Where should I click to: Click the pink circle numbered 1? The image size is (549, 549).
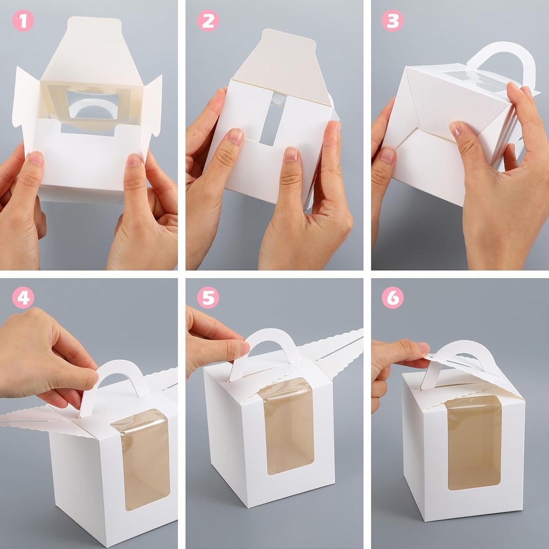point(23,21)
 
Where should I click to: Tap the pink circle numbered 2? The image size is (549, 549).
point(207,21)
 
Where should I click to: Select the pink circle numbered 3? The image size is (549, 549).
point(392,21)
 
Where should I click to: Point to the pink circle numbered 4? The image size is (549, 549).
point(23,298)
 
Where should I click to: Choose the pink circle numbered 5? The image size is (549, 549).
point(207,298)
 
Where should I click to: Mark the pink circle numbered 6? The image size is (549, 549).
point(392,298)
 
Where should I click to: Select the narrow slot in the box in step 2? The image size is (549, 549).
point(271,123)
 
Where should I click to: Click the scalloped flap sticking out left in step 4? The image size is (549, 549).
point(32,418)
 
